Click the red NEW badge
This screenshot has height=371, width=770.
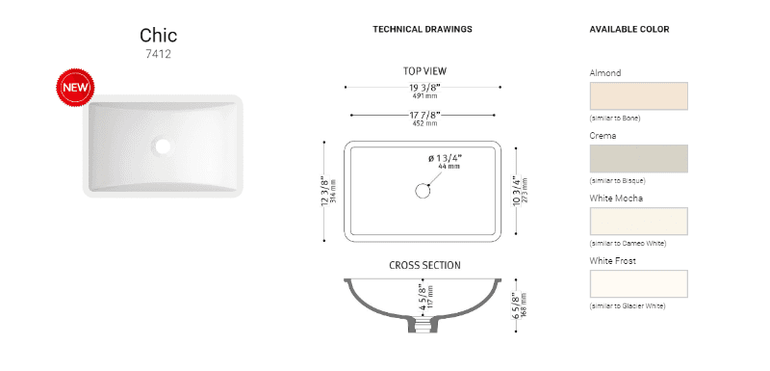[75, 88]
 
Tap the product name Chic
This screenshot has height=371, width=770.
[158, 36]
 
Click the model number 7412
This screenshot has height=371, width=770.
[158, 54]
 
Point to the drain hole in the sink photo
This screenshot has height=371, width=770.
[162, 146]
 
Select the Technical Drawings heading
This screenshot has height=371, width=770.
[423, 30]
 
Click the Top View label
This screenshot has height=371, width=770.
[424, 71]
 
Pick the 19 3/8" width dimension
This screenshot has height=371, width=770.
[424, 88]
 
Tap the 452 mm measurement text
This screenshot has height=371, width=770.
[424, 123]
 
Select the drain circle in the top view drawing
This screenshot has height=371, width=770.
[423, 191]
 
